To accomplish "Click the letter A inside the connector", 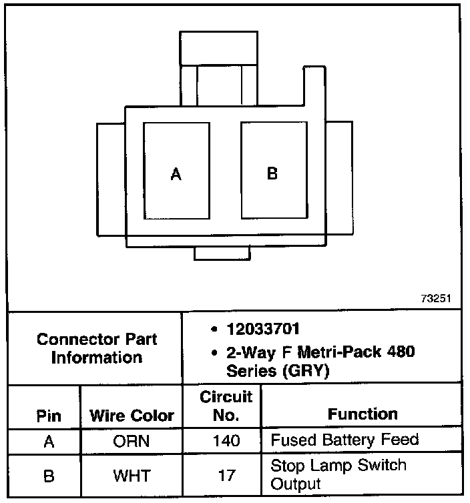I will pos(176,175).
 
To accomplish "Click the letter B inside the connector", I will pos(272,173).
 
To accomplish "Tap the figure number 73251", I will pos(435,299).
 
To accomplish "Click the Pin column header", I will pos(49,416).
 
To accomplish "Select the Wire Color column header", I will pos(132,416).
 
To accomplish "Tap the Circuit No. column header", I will pos(226,406).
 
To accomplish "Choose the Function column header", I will pos(363,414).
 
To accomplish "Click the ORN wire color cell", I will pos(132,441).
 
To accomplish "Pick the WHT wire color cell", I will pos(132,476).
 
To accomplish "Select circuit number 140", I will pos(226,441).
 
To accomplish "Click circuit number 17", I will pos(226,476).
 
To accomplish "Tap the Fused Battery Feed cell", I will pos(344,440).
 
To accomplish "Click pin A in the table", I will pos(49,441).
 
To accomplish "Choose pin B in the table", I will pos(49,476).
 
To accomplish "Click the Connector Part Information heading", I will pos(97,348).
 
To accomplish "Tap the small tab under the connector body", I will pos(222,253).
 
